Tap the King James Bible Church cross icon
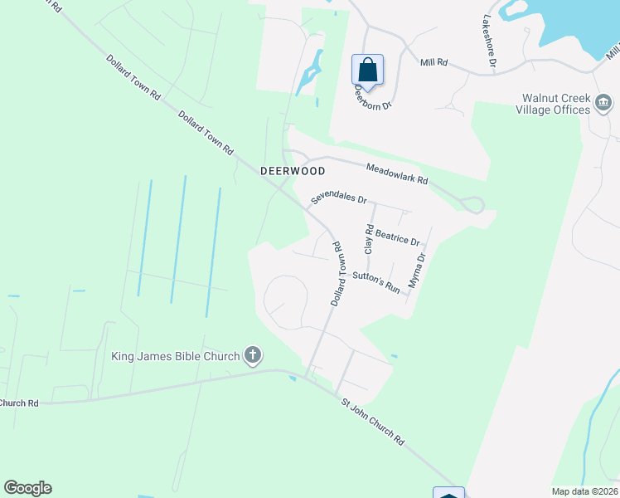253,356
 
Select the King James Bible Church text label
176,356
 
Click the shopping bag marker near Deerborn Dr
367,69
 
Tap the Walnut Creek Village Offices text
552,104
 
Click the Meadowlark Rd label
398,173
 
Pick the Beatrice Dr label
399,237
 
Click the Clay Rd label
369,239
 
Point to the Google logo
27,488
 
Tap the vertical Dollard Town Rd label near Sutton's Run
337,274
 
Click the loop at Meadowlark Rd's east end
474,204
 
